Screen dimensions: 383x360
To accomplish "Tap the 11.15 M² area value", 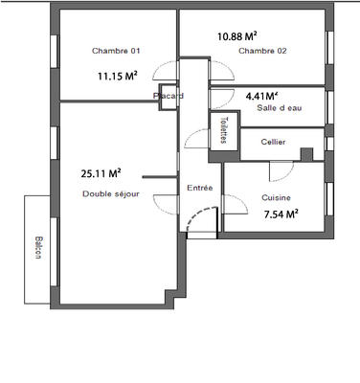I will [117, 75].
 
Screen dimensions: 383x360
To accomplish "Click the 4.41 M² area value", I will [261, 96].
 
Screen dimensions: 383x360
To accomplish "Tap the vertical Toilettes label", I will [223, 130].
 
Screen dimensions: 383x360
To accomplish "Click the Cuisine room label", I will [277, 197].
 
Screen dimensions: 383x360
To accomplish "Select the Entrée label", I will [199, 188].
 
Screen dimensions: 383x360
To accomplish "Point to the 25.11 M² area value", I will [101, 173].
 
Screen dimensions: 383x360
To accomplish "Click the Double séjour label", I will [111, 193].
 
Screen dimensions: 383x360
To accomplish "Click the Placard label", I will [169, 96].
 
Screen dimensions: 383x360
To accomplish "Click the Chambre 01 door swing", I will [165, 75].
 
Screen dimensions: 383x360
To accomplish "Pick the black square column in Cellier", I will [306, 155].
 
